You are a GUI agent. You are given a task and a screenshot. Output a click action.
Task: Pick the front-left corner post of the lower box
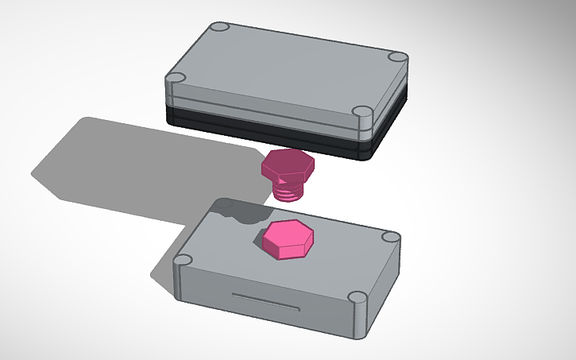pyautogui.click(x=184, y=261)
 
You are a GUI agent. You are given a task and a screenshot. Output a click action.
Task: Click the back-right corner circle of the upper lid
pyautogui.click(x=397, y=57)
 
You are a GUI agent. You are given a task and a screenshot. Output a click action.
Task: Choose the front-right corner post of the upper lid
pyautogui.click(x=361, y=114)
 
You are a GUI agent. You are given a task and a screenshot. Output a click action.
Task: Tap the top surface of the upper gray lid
pyautogui.click(x=286, y=68)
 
